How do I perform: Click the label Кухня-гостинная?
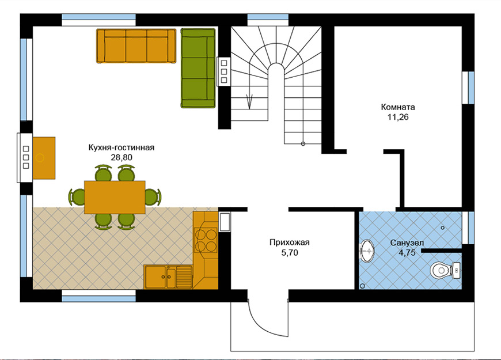122,147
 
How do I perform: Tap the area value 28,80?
122,157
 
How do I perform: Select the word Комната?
398,107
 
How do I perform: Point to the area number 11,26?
398,117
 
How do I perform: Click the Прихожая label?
290,242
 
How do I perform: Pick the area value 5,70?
290,252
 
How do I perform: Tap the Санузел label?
407,243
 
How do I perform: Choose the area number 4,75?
407,252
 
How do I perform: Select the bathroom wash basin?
367,251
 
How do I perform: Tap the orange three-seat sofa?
136,46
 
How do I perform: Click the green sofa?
198,68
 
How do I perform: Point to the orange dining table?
115,197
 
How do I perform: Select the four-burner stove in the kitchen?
206,240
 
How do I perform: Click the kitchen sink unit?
168,277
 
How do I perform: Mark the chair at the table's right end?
153,196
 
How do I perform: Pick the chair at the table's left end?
77,196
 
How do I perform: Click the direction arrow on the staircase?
249,102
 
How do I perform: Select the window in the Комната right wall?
468,88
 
